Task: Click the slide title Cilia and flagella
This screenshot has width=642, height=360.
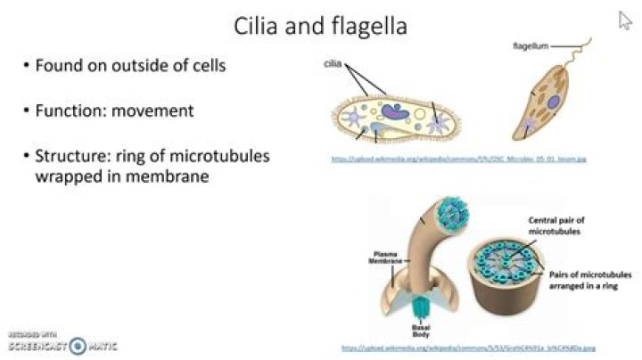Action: tap(320, 26)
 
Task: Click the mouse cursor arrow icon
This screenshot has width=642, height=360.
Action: tap(625, 20)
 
